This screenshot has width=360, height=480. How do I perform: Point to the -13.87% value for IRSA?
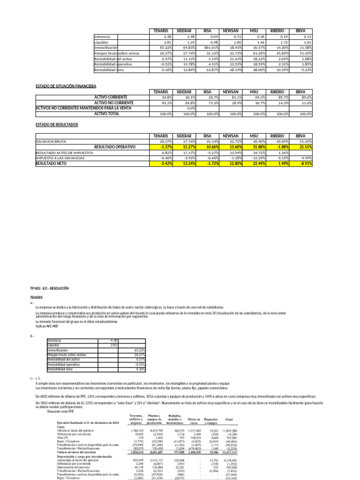tap(211, 70)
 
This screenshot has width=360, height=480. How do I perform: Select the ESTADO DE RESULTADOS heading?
tap(57, 125)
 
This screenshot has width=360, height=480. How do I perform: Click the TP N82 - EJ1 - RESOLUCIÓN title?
tap(49, 289)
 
